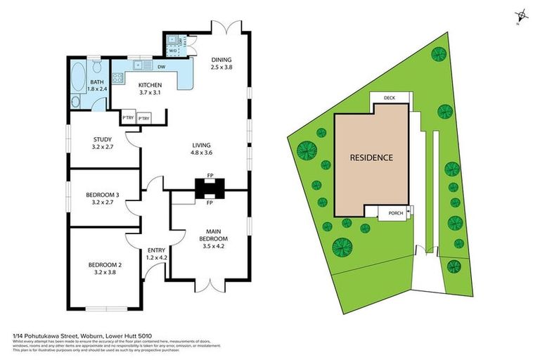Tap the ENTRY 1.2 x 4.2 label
[157, 254]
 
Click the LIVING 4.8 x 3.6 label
[202, 149]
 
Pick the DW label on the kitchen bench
[162, 67]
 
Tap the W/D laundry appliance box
[172, 50]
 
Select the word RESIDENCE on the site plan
[371, 157]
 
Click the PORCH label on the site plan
[395, 214]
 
